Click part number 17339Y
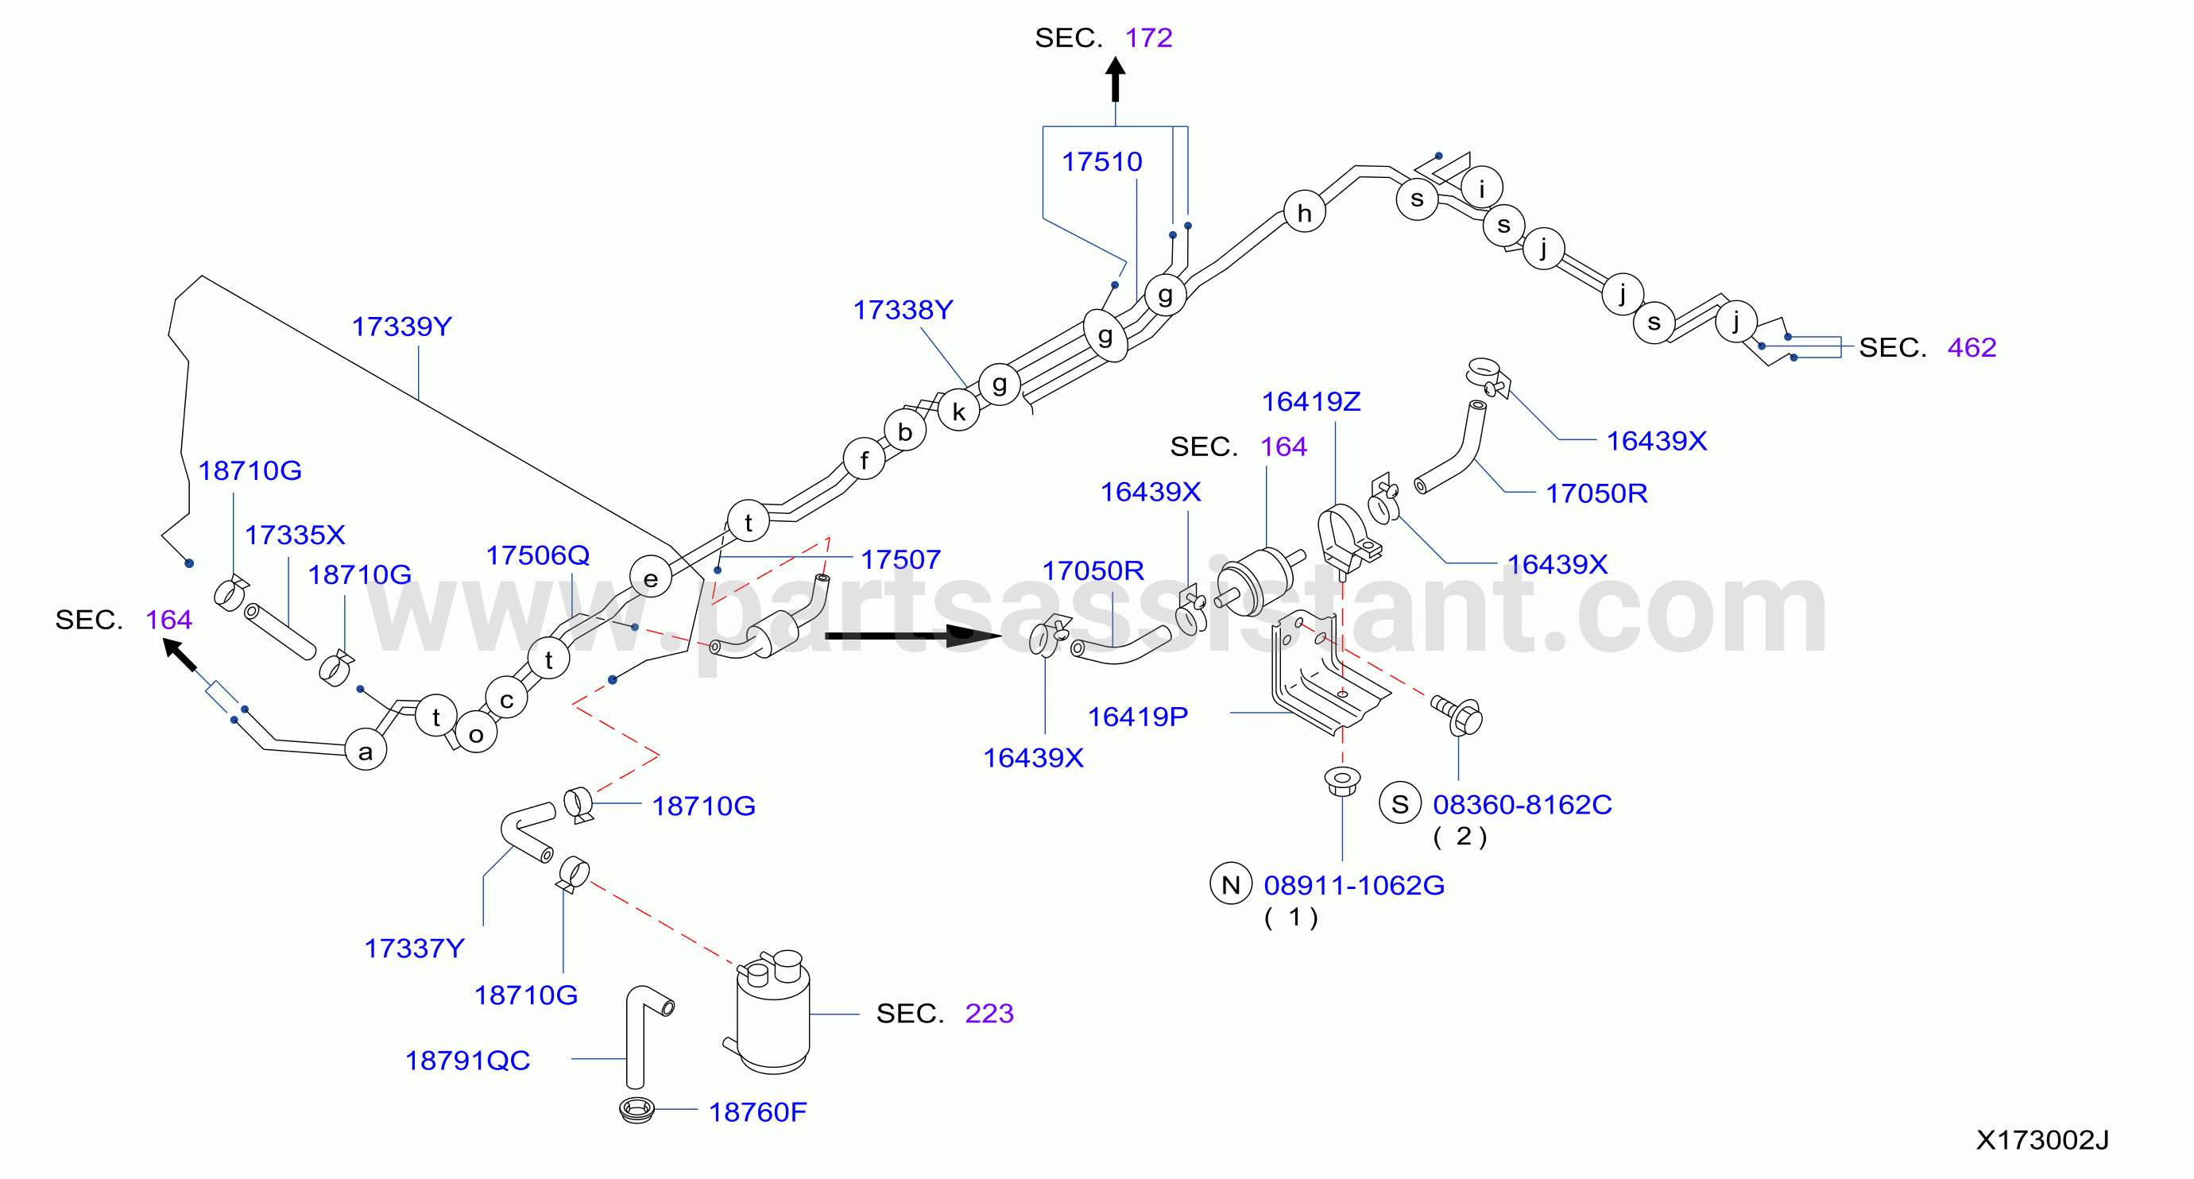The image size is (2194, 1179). (402, 327)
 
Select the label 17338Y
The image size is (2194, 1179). (903, 311)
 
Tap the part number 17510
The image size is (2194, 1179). (1101, 162)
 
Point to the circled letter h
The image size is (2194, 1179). (1304, 212)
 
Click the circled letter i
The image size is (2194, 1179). (1482, 188)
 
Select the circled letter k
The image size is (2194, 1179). (959, 412)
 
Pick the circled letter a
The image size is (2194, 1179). (366, 750)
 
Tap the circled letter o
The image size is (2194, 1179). (476, 733)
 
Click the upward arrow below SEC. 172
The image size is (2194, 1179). (1115, 80)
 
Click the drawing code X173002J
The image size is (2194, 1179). (2041, 1140)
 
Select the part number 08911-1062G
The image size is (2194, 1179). (1353, 885)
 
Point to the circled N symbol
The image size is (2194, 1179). (1231, 885)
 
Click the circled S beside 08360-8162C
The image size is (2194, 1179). (1400, 803)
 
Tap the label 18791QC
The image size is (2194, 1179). (467, 1061)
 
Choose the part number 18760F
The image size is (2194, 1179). (757, 1111)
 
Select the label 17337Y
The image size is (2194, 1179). (414, 949)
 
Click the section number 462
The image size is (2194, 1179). (1972, 347)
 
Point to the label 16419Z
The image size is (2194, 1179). (1311, 402)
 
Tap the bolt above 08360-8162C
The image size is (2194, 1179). (1458, 715)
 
